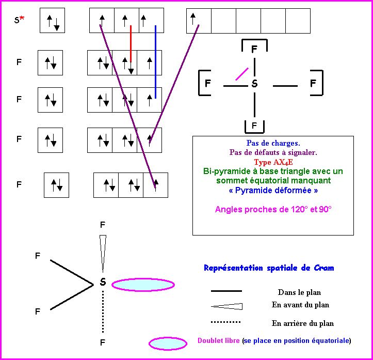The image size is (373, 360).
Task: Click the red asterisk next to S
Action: tap(22, 19)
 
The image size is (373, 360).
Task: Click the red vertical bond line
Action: tap(131, 44)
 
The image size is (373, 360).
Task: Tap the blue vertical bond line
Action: tap(155, 61)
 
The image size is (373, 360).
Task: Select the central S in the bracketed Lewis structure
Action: tap(254, 84)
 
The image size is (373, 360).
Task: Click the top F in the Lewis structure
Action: tap(254, 50)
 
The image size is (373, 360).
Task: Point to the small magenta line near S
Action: tap(242, 73)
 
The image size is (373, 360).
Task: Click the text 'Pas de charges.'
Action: tap(273, 143)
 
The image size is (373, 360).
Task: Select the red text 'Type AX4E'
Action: tap(273, 162)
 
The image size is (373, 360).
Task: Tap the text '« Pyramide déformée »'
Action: tap(273, 191)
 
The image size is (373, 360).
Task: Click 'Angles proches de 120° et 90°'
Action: tap(273, 209)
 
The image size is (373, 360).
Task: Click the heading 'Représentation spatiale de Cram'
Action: tap(268, 268)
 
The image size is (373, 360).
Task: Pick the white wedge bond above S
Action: tap(103, 252)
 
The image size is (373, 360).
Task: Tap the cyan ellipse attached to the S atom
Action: tap(143, 285)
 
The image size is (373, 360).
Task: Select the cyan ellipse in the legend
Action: tap(168, 343)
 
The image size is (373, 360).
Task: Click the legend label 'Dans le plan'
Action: tap(299, 292)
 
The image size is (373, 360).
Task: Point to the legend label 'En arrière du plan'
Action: tap(302, 323)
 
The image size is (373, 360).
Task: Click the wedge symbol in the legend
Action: tap(227, 306)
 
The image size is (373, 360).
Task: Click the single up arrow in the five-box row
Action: tap(192, 19)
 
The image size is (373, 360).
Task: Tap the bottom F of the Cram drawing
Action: tap(103, 342)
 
